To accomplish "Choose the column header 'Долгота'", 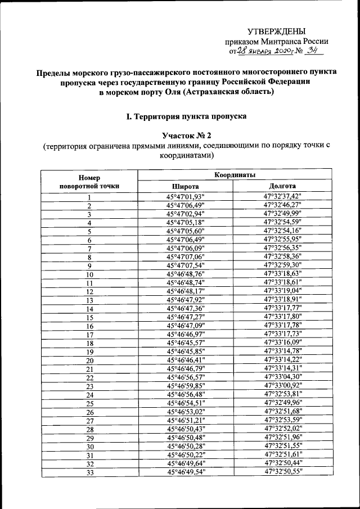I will (x=282, y=186).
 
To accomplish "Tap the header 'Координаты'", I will (x=235, y=175).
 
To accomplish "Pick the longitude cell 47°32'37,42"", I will (x=282, y=196).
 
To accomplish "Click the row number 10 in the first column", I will (x=89, y=274).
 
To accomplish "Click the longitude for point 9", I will (x=282, y=265).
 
